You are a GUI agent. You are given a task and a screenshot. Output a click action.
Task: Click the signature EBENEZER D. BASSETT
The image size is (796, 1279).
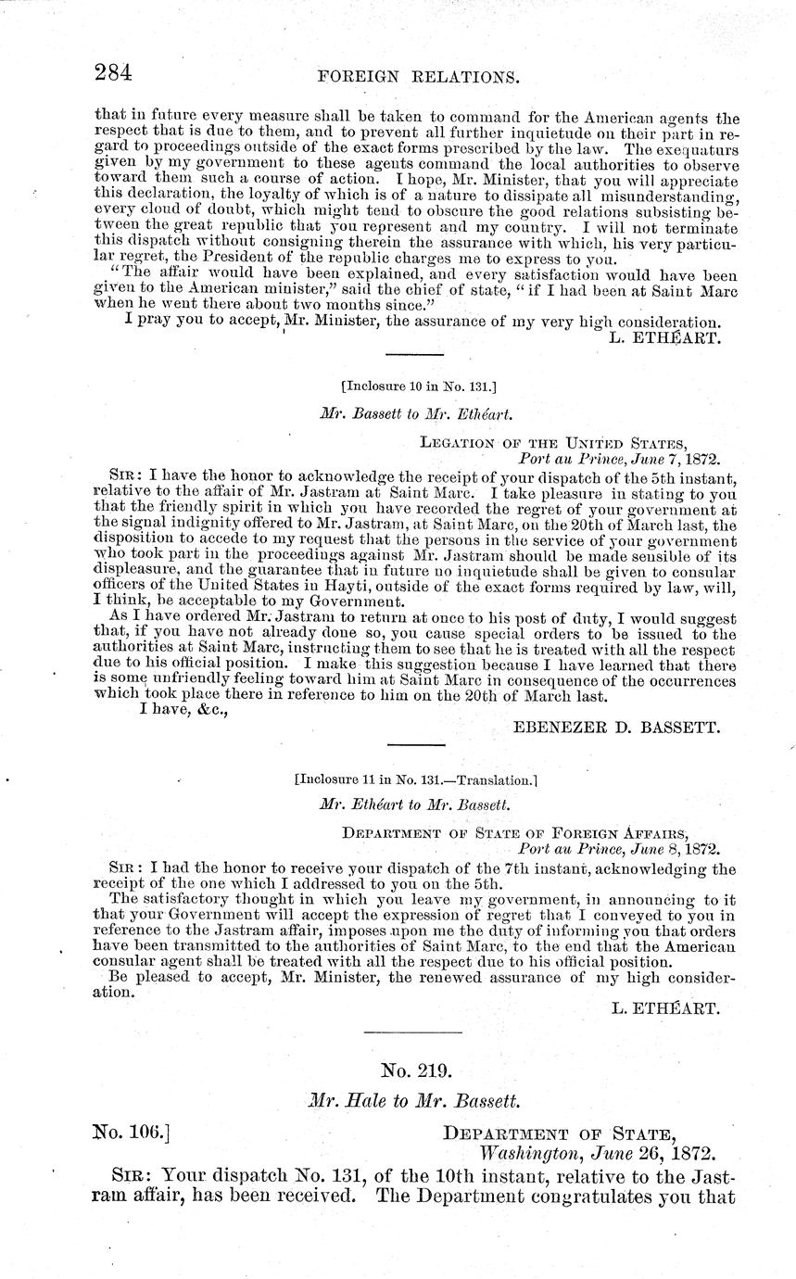615,728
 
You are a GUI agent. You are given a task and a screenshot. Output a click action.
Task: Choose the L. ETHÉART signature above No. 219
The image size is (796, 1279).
665,1008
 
